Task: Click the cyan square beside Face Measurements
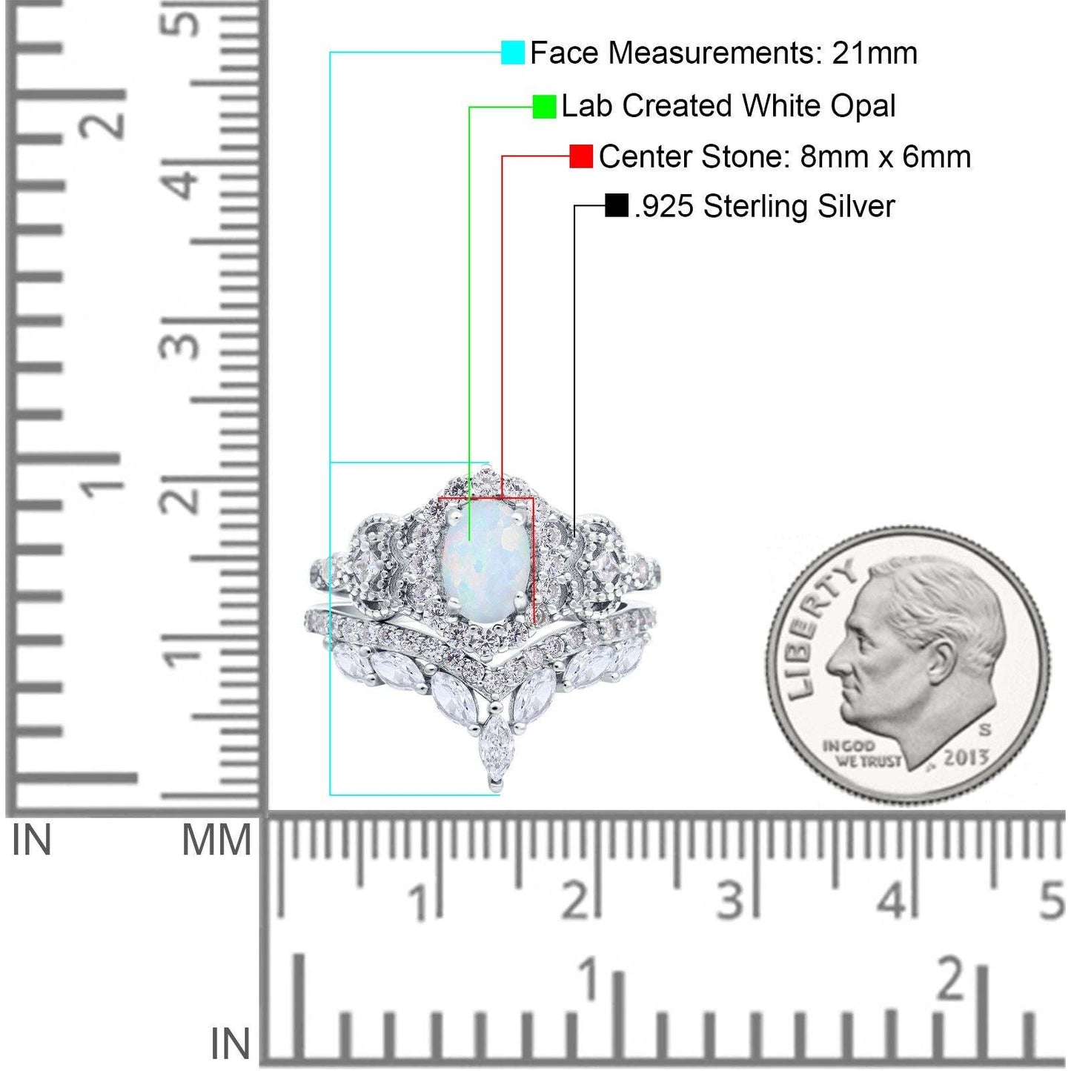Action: pos(512,52)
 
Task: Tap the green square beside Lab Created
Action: pos(544,106)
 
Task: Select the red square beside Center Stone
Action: pos(581,156)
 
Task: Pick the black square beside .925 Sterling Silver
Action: pos(617,205)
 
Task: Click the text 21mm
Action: pos(874,53)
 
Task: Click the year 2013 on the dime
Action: pos(966,757)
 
